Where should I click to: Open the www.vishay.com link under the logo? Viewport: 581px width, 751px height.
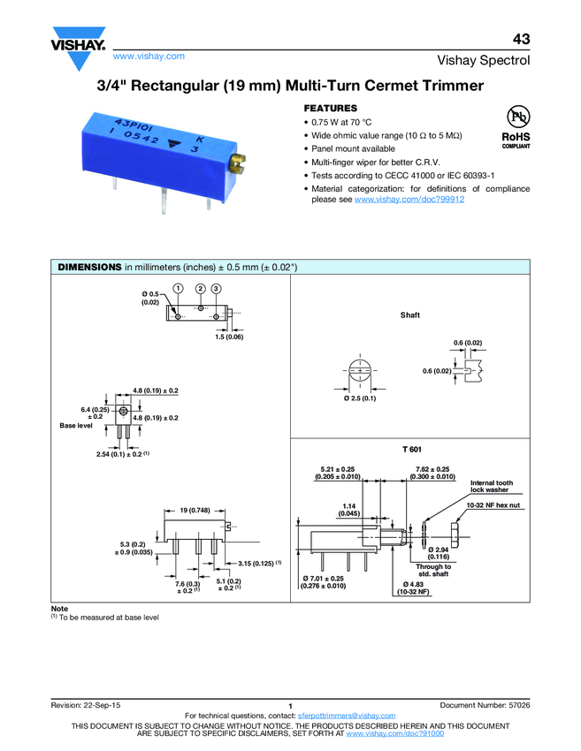pyautogui.click(x=149, y=56)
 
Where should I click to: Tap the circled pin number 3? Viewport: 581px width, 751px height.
pyautogui.click(x=216, y=289)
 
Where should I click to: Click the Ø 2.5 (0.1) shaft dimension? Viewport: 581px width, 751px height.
pyautogui.click(x=360, y=399)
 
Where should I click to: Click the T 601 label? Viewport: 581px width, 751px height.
pyautogui.click(x=409, y=449)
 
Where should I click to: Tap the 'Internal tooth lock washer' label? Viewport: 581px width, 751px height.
pyautogui.click(x=491, y=486)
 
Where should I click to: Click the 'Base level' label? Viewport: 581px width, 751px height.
pyautogui.click(x=76, y=426)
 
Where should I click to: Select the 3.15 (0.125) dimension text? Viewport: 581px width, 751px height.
pyautogui.click(x=260, y=563)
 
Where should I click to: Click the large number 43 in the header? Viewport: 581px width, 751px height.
pyautogui.click(x=521, y=40)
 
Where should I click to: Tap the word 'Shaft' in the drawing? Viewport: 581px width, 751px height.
pyautogui.click(x=409, y=315)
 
